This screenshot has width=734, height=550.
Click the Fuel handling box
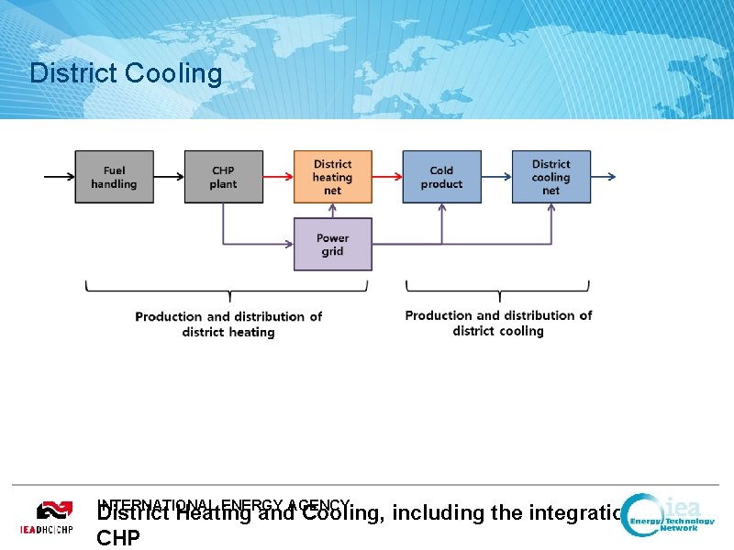click(x=114, y=177)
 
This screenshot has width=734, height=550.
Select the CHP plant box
click(x=223, y=177)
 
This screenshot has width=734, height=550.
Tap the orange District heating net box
click(x=332, y=177)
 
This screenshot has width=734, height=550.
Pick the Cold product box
click(x=441, y=177)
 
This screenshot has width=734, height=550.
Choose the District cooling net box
click(x=550, y=177)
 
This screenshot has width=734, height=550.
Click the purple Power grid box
click(x=332, y=244)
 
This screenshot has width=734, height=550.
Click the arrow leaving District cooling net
click(x=604, y=177)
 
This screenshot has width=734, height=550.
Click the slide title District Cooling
click(x=126, y=73)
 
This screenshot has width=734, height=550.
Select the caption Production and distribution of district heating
click(x=228, y=324)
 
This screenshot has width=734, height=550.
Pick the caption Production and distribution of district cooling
click(x=498, y=323)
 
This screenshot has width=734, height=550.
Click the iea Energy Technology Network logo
click(x=669, y=519)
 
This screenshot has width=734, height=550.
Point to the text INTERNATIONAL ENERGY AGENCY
click(x=224, y=503)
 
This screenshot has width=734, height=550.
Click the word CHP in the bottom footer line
click(x=118, y=537)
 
